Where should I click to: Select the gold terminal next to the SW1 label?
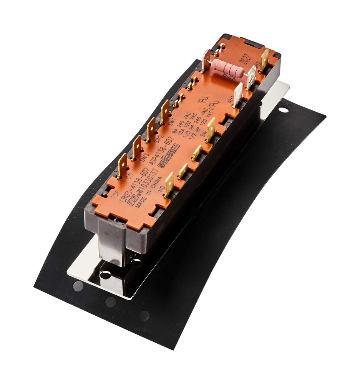coord(165,111)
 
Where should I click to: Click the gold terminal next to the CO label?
coord(122,165)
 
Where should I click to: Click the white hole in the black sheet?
coord(283,110)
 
